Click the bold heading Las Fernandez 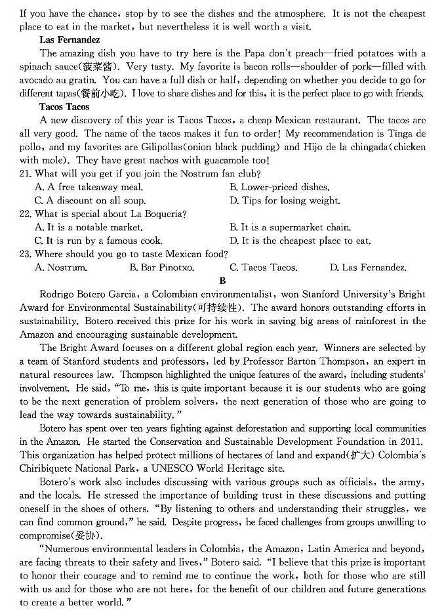click(x=69, y=40)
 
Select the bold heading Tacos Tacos click(x=65, y=106)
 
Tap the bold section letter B click(x=222, y=280)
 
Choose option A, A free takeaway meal click(x=89, y=187)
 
